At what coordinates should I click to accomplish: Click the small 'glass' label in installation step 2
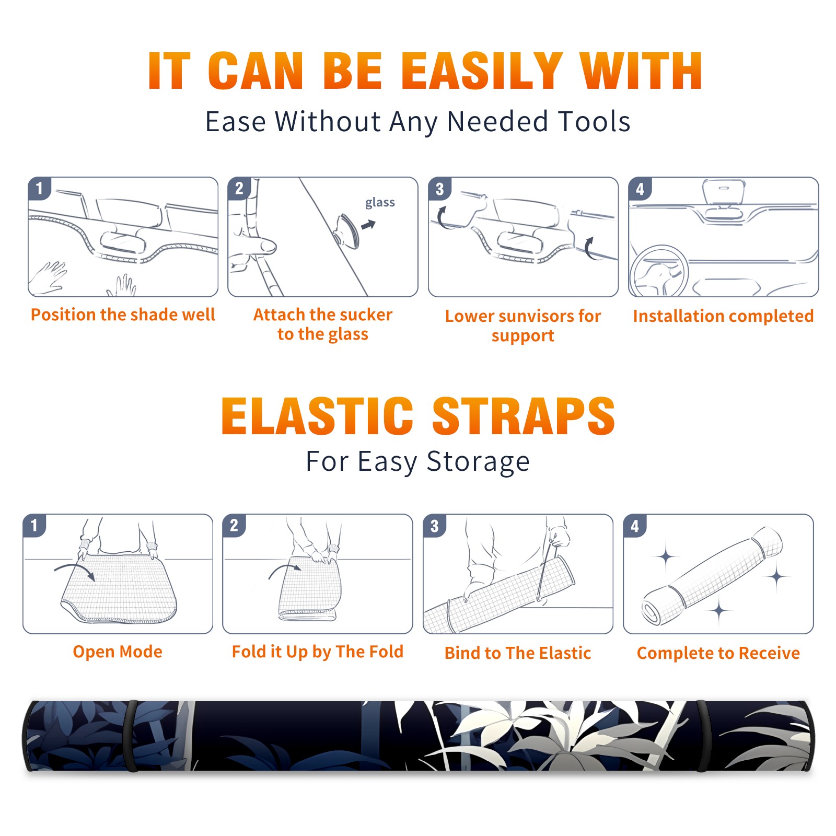pyautogui.click(x=380, y=202)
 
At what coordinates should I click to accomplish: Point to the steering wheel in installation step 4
pyautogui.click(x=659, y=271)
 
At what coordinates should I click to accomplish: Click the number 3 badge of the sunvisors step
pyautogui.click(x=439, y=189)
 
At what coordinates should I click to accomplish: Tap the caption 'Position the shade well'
pyautogui.click(x=123, y=315)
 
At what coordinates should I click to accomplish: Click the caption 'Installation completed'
pyautogui.click(x=723, y=316)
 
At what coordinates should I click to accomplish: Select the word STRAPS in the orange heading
pyautogui.click(x=524, y=416)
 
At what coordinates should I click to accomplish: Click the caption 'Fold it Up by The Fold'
pyautogui.click(x=318, y=652)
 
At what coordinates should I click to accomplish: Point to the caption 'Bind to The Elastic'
pyautogui.click(x=518, y=653)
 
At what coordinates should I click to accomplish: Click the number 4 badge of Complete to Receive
pyautogui.click(x=635, y=526)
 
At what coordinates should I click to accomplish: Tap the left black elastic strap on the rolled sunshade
pyautogui.click(x=132, y=736)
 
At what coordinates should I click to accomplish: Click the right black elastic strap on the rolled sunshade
pyautogui.click(x=703, y=736)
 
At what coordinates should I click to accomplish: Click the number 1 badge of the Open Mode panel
pyautogui.click(x=34, y=526)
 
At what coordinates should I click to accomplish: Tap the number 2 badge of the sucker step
pyautogui.click(x=239, y=189)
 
